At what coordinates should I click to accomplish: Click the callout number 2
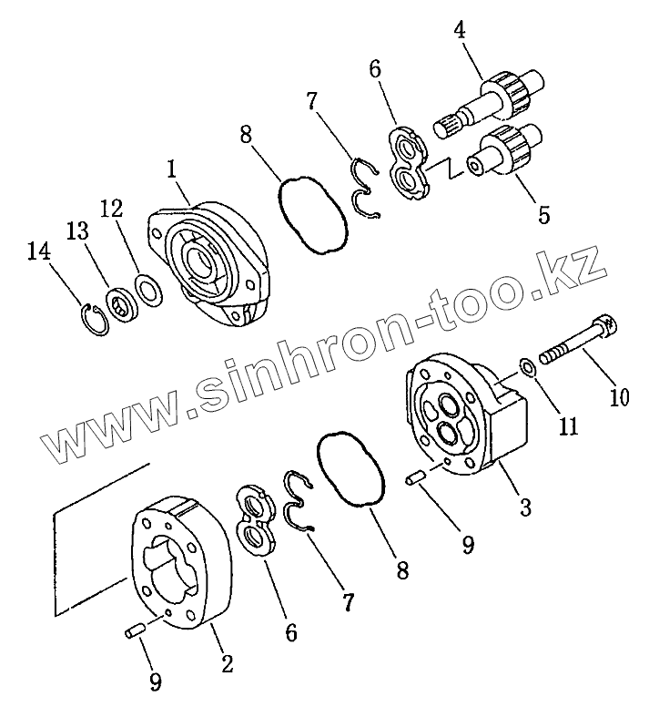(x=227, y=664)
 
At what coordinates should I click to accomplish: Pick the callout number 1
(x=170, y=169)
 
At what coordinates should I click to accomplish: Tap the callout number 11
(x=568, y=425)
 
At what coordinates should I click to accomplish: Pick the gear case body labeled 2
(x=181, y=565)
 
